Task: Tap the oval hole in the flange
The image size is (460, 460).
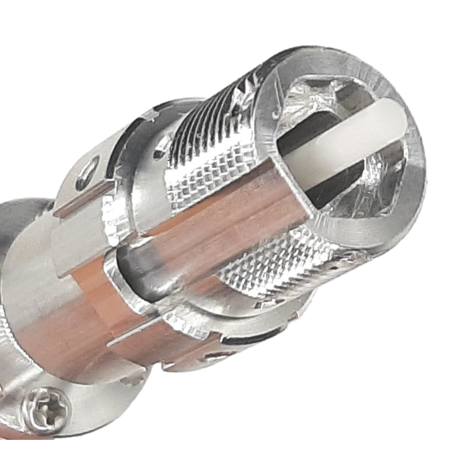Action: click(x=87, y=170)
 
